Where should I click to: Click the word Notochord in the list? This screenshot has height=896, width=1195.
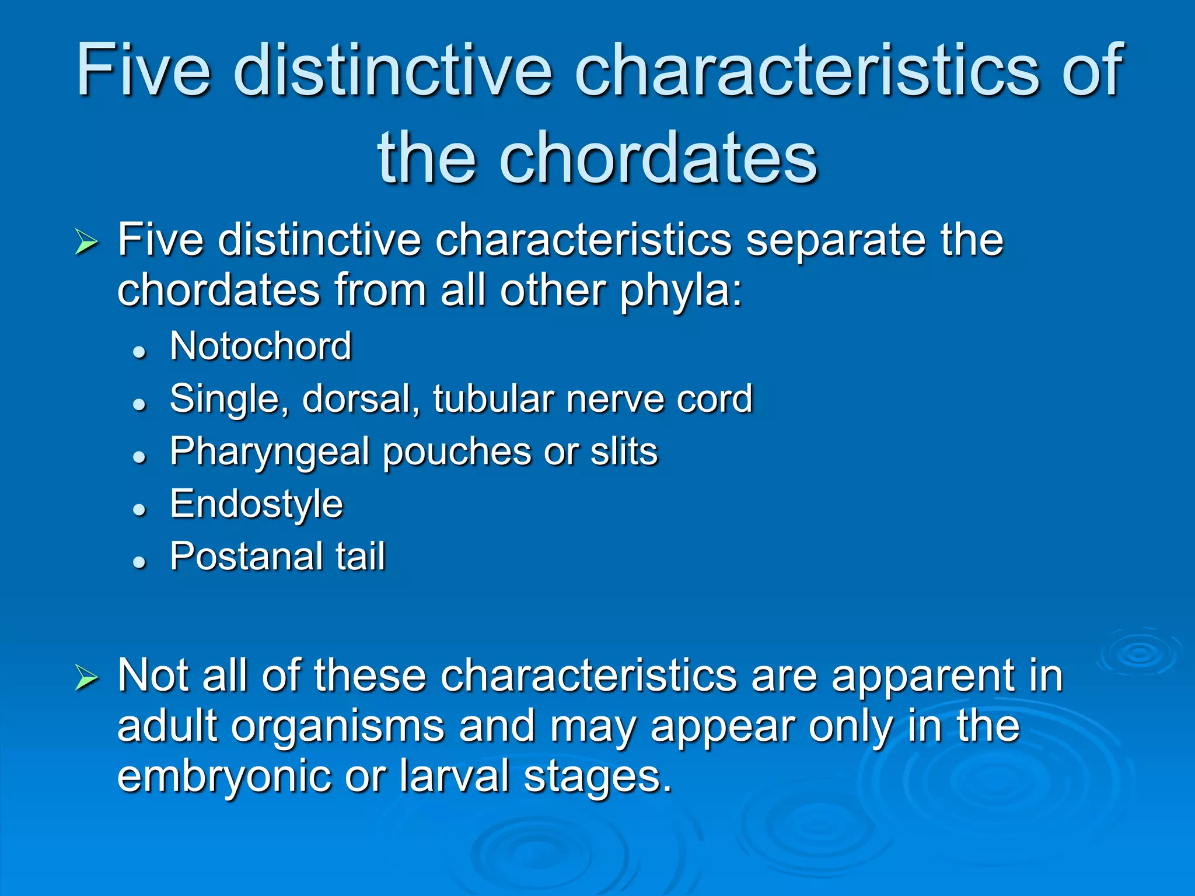tap(260, 346)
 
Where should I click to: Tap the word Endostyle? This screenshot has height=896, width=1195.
tap(256, 504)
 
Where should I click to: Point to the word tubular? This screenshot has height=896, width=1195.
tap(493, 399)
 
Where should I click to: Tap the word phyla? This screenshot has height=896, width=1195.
tap(679, 291)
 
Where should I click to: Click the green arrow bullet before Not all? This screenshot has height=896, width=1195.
tap(86, 678)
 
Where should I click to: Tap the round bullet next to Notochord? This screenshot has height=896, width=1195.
tap(139, 352)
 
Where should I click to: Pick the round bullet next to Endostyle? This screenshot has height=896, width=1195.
tap(139, 509)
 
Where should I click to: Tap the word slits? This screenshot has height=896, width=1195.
tap(624, 452)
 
